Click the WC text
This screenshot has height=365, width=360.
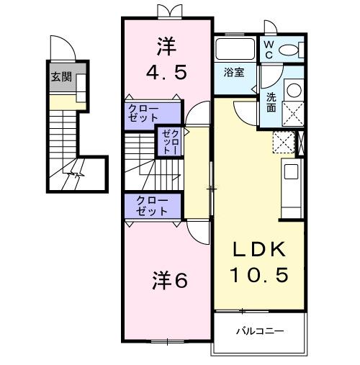tap(267, 49)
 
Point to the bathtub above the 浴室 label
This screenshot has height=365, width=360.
tap(235, 50)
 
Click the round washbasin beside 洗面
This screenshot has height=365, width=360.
tap(294, 91)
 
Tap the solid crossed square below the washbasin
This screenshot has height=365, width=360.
tap(294, 114)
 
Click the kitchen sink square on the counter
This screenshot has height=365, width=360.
tap(291, 172)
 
